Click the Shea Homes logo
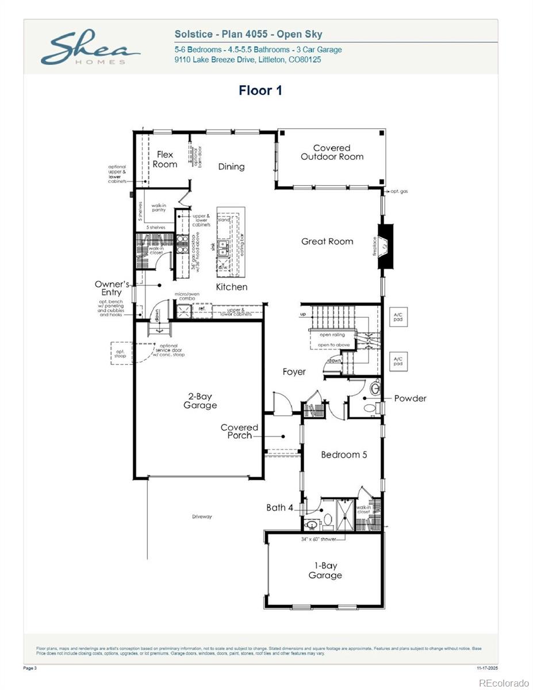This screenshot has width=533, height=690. point(89,49)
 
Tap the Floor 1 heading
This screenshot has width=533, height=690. point(260,90)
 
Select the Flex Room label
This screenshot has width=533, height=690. point(165,159)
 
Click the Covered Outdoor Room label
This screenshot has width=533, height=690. point(332,152)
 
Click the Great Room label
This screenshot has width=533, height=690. point(327,241)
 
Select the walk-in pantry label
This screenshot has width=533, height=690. point(159,208)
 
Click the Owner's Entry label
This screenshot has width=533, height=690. point(112,288)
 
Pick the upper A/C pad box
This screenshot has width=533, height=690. point(398,317)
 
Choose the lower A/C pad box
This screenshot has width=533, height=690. point(398,361)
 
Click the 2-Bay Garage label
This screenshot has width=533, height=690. point(200,401)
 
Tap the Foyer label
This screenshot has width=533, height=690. point(294,372)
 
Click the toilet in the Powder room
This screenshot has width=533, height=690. point(370,408)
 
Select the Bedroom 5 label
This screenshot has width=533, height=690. point(344,455)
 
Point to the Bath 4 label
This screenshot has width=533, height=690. point(279,508)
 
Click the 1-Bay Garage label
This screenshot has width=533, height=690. point(325,570)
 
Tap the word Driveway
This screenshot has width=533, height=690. point(202,517)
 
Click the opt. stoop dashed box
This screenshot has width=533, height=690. point(121,353)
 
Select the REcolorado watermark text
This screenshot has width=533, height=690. point(504,683)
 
